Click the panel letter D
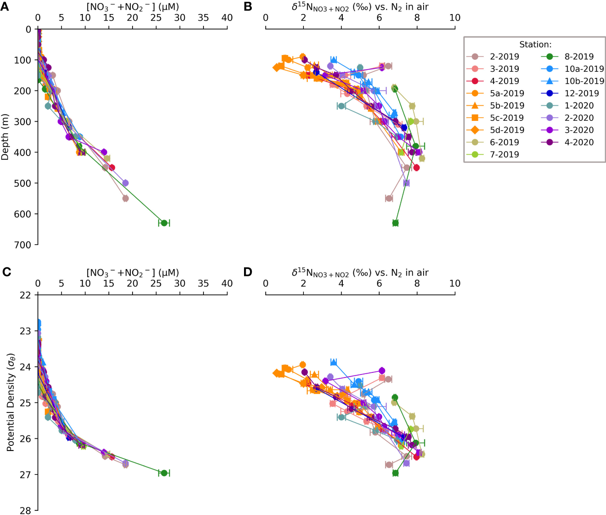point(247,272)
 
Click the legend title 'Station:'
point(535,44)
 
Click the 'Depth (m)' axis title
point(5,137)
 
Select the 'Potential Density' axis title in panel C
point(10,402)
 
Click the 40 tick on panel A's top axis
point(227,18)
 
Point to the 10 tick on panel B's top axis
point(455,18)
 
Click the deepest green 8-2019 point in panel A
point(164,223)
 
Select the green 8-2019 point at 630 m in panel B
point(395,223)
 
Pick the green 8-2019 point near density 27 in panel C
point(164,473)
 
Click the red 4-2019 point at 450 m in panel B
point(416,168)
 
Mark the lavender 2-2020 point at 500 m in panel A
point(125,183)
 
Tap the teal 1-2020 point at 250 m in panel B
point(341,106)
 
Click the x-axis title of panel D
point(360,273)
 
